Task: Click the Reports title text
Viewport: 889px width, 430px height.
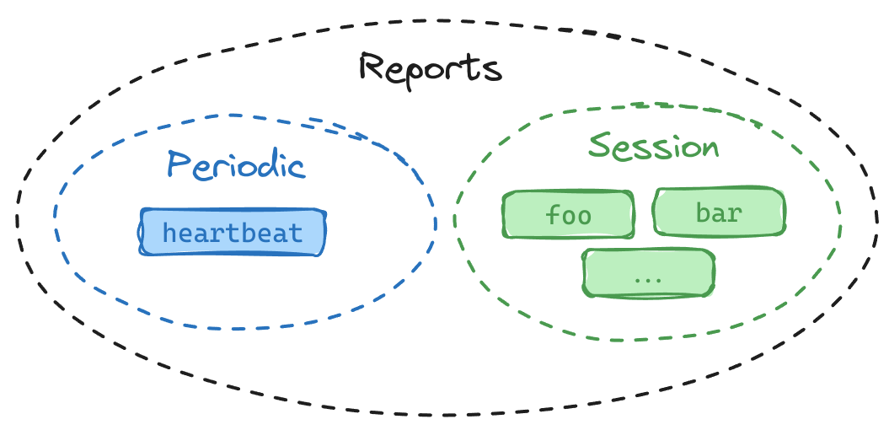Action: tap(430, 68)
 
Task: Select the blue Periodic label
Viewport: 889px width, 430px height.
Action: tap(235, 164)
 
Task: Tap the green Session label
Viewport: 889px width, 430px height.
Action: tap(654, 147)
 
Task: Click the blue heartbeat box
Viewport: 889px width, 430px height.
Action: tap(232, 232)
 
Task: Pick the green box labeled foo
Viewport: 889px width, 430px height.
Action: tap(568, 214)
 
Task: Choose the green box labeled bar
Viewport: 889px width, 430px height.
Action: tap(719, 212)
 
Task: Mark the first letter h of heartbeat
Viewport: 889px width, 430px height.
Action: tap(169, 232)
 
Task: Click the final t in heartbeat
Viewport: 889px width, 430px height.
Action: tap(296, 232)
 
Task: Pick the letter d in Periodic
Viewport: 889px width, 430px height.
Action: tap(265, 164)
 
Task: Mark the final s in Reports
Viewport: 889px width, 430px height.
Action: tap(492, 71)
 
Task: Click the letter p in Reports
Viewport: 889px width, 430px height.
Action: tap(415, 74)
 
